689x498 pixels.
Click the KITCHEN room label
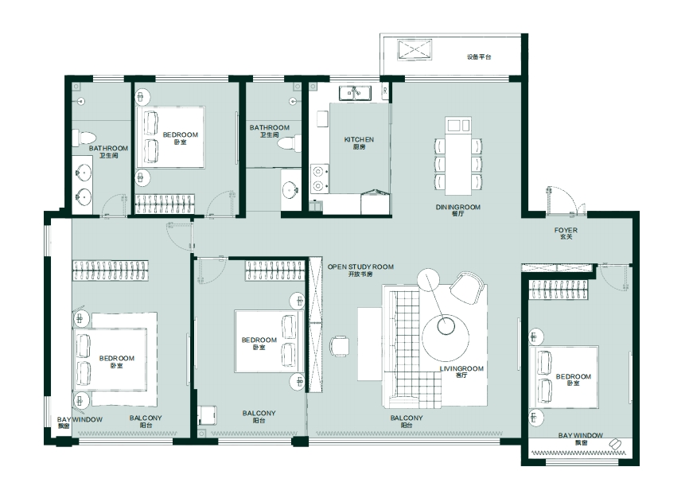(359, 139)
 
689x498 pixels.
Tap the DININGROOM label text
(457, 207)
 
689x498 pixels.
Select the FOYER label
(566, 231)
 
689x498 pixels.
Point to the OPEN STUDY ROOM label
(360, 267)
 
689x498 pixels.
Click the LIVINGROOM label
(461, 368)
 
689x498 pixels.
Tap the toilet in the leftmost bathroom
(84, 138)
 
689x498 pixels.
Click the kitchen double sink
(355, 93)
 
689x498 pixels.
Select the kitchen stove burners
(320, 178)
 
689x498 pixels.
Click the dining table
(458, 156)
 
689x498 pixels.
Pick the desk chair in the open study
(340, 346)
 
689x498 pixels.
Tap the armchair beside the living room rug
(467, 287)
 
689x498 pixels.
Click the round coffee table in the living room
(446, 337)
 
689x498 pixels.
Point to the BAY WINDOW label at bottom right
(581, 435)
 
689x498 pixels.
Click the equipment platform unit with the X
(415, 49)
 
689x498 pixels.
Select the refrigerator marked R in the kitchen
(385, 91)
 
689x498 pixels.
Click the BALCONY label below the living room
(407, 418)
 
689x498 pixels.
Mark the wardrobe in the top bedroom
(165, 204)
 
